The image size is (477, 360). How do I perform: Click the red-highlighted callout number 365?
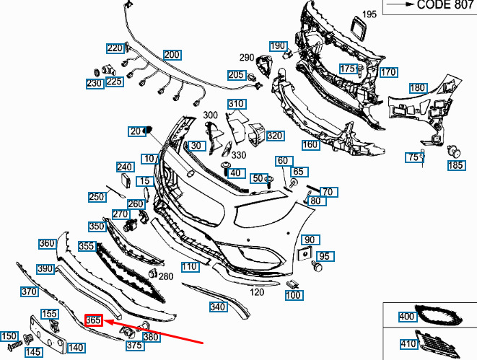tap(94, 320)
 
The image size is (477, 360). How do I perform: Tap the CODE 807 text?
tap(445, 4)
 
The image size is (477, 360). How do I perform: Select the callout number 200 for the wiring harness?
tap(172, 55)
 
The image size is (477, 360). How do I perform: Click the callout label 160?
tap(310, 145)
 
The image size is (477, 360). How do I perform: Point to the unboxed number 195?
tap(369, 14)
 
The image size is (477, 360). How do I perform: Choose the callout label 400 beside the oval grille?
tap(407, 317)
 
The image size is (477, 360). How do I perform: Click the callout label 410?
tap(408, 343)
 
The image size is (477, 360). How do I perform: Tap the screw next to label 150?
tap(15, 346)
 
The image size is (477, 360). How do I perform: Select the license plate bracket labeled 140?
tap(48, 334)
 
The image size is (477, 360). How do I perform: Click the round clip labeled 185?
tap(454, 152)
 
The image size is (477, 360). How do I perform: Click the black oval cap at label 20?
tap(149, 130)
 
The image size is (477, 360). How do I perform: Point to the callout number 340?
tap(217, 307)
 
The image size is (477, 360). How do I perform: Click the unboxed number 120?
tap(257, 292)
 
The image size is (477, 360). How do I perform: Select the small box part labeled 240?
tap(126, 180)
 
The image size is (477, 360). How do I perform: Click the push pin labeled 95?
tap(317, 266)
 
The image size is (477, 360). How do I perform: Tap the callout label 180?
tap(418, 88)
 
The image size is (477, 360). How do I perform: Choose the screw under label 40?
tap(226, 169)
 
